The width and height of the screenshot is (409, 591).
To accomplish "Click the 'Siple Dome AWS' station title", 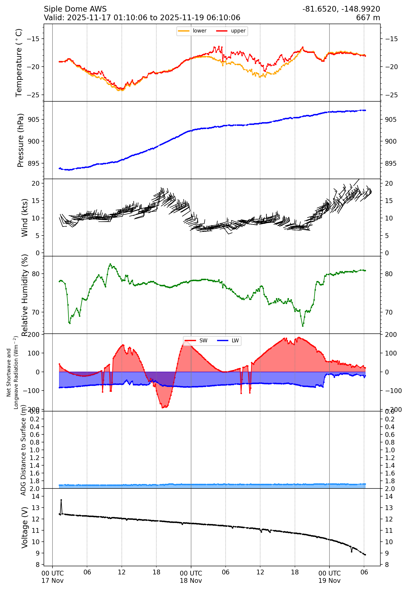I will pos(75,9).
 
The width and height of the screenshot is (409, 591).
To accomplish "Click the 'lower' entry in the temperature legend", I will pos(199,31).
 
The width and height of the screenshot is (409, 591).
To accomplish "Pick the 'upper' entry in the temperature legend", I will pos(238,31).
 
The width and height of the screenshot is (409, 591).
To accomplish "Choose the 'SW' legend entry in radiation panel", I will pos(203,341).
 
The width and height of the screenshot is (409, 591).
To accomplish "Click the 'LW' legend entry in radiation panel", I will pos(235,341).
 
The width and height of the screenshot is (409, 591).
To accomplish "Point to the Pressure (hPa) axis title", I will pos(20,140).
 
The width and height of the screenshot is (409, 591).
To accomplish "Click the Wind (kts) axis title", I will pos(25,218).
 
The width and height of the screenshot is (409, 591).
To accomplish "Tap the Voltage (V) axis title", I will pos(25,527).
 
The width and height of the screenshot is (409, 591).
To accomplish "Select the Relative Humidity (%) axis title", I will pos(25,295).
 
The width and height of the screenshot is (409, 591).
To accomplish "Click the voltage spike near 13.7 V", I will pos(61,500).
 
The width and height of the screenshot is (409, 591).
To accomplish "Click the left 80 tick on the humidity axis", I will pos(36,274).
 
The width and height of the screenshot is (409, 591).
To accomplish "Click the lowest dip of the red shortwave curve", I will pos(163,408).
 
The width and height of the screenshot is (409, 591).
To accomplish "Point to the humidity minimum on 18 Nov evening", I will pos(303,326).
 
